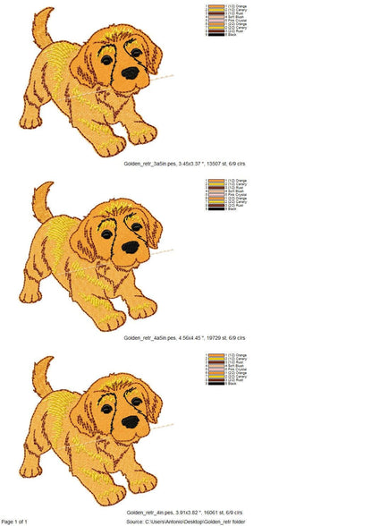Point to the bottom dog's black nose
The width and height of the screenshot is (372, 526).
click(x=131, y=420)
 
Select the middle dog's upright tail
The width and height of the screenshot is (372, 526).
click(x=43, y=202)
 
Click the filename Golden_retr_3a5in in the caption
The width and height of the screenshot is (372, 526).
click(x=146, y=165)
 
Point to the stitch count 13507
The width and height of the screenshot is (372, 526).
click(x=218, y=165)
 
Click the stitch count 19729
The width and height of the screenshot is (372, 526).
click(x=219, y=338)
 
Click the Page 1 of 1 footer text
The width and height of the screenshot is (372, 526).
click(x=14, y=521)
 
